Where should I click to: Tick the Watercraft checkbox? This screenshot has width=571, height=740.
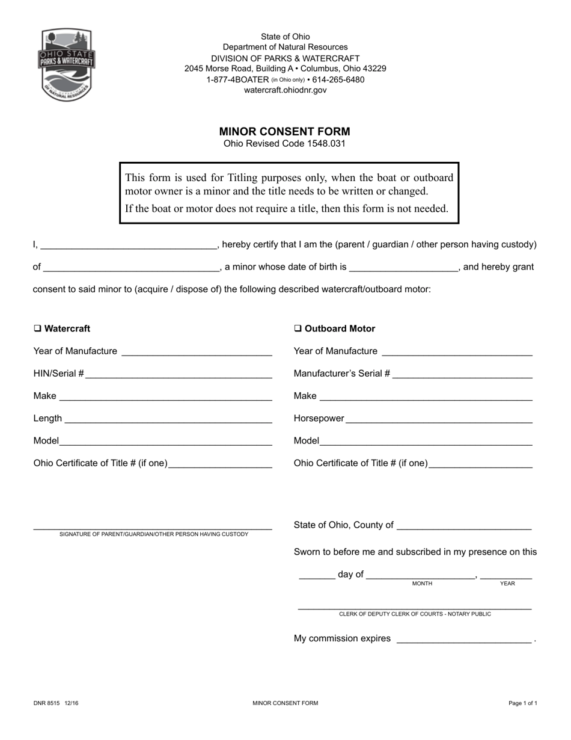tap(37, 328)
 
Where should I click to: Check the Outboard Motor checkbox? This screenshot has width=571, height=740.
tap(298, 328)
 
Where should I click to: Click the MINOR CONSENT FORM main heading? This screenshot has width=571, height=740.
tap(284, 131)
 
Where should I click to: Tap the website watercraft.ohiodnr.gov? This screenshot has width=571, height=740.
tap(285, 90)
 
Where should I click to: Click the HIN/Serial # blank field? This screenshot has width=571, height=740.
tap(179, 374)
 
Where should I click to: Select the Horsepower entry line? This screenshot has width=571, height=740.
tap(439, 419)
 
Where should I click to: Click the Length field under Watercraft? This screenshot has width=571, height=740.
tap(168, 419)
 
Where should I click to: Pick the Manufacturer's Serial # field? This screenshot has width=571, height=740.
tap(462, 374)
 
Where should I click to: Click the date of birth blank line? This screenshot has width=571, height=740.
tap(403, 268)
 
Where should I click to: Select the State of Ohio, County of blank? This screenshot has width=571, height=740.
tap(464, 526)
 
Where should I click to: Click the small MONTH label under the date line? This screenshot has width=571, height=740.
tap(422, 584)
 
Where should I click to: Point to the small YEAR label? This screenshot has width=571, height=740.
tap(507, 584)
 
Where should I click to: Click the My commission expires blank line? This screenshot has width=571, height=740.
tap(463, 640)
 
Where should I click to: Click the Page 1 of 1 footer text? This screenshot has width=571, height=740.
tap(522, 703)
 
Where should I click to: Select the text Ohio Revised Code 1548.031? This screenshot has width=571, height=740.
tap(284, 144)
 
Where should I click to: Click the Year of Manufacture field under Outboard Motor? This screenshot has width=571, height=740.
tap(457, 352)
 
